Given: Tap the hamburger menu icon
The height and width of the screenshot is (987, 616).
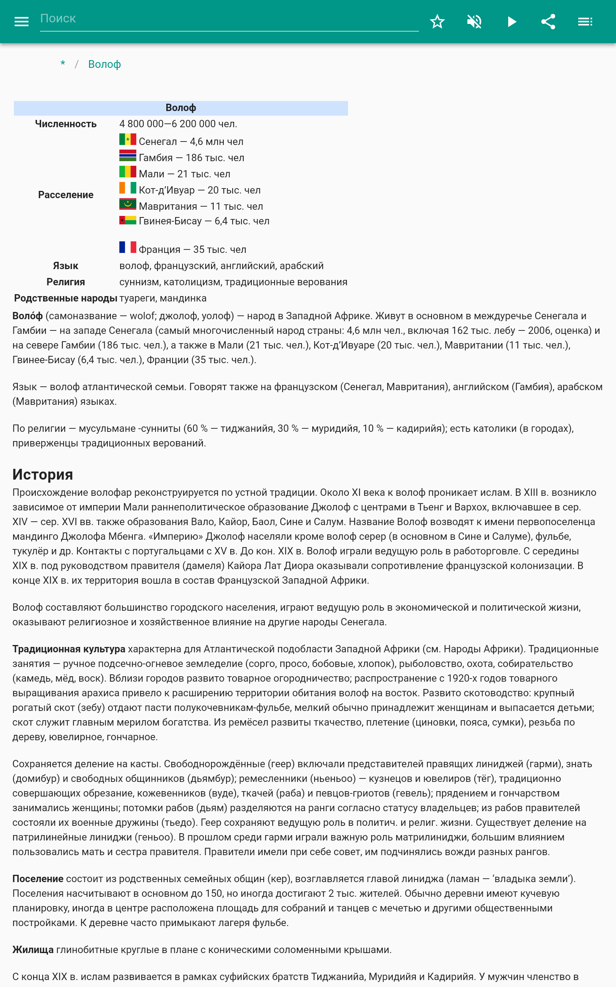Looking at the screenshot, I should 22,22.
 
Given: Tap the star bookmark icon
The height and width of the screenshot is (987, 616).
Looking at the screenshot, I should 437,22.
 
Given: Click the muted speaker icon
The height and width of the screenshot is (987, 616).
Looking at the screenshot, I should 474,22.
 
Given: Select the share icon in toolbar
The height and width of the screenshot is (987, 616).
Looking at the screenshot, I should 548,22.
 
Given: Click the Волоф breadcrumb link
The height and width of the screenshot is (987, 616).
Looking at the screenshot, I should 104,64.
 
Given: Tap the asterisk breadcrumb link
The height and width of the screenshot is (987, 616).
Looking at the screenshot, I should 63,64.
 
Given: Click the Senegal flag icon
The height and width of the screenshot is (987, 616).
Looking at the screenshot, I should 127,140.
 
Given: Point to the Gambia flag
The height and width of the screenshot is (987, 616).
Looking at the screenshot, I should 127,156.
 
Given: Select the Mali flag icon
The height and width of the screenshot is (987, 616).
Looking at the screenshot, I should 127,172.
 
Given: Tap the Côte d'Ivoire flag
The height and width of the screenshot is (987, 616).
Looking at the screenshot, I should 127,188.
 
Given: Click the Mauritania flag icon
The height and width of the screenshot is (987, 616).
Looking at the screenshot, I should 127,204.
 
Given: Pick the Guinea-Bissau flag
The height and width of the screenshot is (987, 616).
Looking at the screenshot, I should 127,220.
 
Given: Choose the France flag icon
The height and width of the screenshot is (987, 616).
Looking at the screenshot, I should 127,247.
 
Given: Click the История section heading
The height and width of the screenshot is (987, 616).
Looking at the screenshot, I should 43,474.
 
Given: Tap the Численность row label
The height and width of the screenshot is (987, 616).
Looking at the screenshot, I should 65,124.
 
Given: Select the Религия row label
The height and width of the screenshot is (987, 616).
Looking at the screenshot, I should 65,282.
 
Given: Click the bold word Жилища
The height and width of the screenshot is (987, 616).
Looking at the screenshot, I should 33,950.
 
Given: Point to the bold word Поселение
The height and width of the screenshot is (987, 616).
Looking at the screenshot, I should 38,879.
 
